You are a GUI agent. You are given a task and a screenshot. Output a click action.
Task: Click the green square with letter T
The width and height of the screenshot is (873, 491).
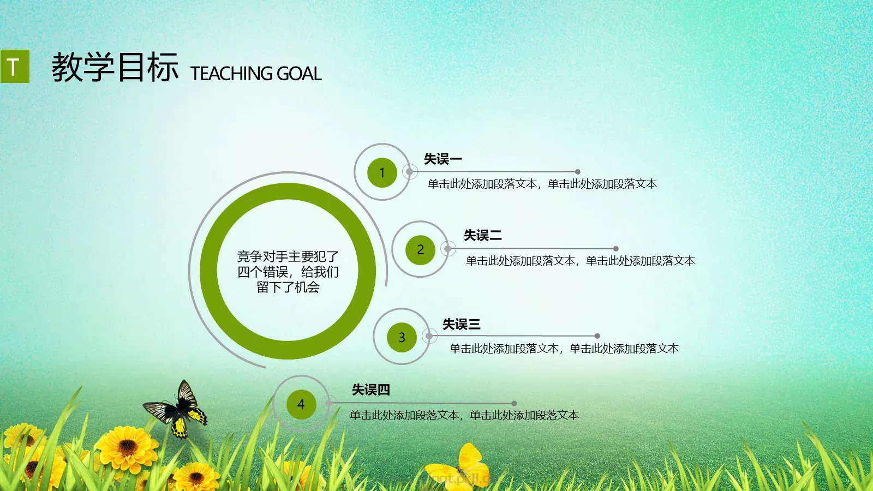pos(15,67)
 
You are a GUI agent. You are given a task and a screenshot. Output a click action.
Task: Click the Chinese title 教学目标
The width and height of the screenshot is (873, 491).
pos(115,68)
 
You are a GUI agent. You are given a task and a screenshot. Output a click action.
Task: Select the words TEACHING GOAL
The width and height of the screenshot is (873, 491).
pos(256,74)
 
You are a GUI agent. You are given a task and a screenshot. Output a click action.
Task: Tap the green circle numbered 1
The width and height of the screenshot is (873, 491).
pos(382,172)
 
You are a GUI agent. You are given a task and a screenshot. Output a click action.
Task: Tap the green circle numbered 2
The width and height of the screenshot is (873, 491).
pos(420,250)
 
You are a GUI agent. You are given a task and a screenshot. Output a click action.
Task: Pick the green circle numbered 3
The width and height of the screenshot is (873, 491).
pos(402,338)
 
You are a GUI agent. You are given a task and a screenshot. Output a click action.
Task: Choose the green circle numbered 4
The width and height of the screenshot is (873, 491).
pos(301,404)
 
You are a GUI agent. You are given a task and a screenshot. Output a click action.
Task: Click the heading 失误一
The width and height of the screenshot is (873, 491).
pos(443,159)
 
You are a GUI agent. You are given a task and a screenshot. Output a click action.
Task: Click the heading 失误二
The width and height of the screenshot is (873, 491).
pos(483,236)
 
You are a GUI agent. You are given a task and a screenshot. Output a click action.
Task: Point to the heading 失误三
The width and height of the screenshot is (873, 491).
pos(462,325)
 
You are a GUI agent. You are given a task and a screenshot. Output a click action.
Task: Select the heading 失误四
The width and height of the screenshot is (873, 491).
pos(371,390)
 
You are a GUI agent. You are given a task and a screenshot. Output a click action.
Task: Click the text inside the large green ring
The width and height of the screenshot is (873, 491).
pos(288,272)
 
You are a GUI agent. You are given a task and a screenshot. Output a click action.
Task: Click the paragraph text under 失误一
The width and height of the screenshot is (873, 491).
pos(542,184)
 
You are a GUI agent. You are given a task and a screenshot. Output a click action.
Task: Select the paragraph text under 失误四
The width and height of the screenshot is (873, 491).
pos(464,416)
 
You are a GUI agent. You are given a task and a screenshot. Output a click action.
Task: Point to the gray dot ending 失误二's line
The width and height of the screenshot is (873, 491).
pos(616,249)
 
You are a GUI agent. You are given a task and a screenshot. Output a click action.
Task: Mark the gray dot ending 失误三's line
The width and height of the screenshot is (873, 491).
pos(597,336)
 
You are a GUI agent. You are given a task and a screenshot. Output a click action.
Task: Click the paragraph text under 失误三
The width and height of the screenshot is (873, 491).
pos(564,349)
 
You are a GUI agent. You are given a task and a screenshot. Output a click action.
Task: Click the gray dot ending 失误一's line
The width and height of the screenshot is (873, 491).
pos(578,172)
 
